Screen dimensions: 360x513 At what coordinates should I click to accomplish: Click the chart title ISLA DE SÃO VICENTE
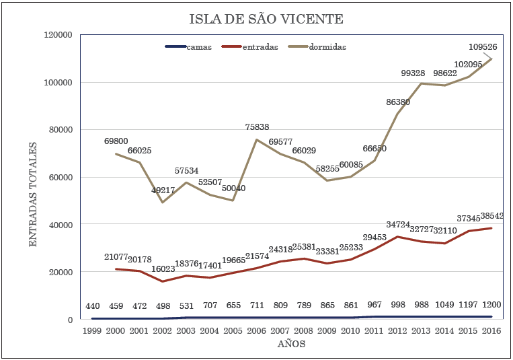[256, 19]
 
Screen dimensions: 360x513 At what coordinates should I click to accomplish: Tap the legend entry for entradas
[259, 47]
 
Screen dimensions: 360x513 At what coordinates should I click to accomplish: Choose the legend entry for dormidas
[327, 47]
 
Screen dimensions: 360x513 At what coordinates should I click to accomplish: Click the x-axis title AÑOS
[292, 345]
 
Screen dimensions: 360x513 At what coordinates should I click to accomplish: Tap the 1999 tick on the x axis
[92, 330]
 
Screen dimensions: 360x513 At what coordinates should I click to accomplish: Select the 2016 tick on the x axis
[491, 330]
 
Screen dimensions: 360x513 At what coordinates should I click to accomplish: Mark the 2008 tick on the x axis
[304, 330]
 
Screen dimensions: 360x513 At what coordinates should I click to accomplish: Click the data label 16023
[161, 268]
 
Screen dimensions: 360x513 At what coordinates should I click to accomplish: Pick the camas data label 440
[92, 306]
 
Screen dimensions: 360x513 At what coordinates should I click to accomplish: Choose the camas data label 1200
[491, 306]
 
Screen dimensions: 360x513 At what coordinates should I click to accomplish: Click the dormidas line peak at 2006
[257, 139]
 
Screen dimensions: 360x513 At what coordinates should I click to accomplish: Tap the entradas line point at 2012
[397, 237]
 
